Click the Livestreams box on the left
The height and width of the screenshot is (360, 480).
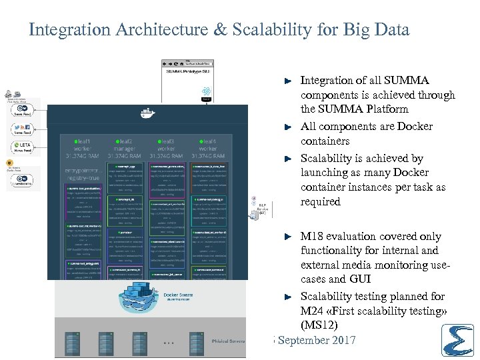[23, 180]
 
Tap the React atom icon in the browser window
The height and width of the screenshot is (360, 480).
[206, 91]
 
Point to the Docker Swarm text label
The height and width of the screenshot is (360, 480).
[177, 294]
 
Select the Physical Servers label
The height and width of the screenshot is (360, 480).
[228, 341]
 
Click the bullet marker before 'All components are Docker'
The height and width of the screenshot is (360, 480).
[287, 127]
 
